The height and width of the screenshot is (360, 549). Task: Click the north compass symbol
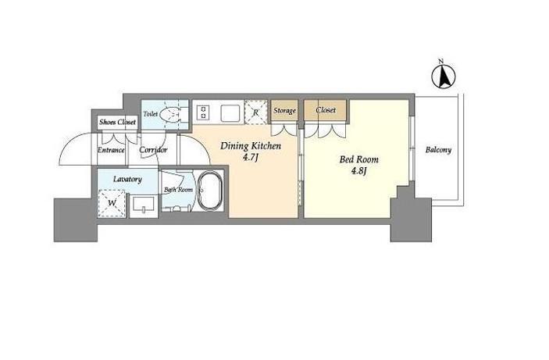(x=444, y=76)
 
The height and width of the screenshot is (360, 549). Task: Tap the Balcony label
(x=438, y=150)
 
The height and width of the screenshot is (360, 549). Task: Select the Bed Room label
(x=359, y=159)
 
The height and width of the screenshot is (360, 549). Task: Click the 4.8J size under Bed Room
(x=359, y=171)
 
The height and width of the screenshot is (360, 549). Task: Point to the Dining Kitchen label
(x=251, y=146)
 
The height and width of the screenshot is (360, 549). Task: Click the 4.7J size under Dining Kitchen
(x=251, y=158)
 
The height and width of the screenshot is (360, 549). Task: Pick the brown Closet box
(x=326, y=110)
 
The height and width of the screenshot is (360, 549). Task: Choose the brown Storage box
(x=284, y=111)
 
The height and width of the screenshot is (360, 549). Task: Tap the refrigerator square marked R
(x=255, y=112)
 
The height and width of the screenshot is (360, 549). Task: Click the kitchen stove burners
(x=203, y=112)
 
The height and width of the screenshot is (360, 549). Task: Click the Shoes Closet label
(x=117, y=123)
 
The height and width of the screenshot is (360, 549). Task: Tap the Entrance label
(x=111, y=150)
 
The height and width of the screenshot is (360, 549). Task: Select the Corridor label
(x=153, y=150)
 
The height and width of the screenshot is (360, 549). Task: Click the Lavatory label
(x=127, y=179)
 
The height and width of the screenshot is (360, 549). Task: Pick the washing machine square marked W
(x=112, y=203)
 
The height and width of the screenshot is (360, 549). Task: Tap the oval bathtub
(x=210, y=191)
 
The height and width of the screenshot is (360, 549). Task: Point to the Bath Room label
(x=179, y=190)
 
